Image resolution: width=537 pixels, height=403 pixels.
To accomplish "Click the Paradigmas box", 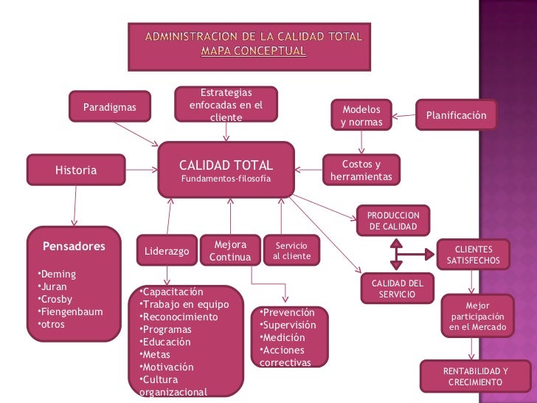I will click(110, 108).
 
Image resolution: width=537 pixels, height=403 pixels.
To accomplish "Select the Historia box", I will click(76, 170).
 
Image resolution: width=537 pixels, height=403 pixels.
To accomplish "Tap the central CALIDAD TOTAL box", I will click(226, 170).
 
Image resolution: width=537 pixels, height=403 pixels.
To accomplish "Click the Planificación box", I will click(457, 115).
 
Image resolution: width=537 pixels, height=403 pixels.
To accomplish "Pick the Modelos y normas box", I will click(361, 115).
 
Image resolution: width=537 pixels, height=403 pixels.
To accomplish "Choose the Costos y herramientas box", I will click(361, 170).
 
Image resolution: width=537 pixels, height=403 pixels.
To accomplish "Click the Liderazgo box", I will click(167, 251).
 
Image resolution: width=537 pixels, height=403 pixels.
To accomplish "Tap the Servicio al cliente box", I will click(291, 250).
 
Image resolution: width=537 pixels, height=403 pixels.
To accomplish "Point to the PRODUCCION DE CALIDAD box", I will click(393, 220).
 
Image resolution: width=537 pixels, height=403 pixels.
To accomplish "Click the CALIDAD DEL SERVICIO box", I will click(397, 289).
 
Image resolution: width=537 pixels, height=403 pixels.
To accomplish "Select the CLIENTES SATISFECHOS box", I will click(473, 255).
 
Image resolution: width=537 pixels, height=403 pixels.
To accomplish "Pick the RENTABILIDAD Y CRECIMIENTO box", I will click(475, 376).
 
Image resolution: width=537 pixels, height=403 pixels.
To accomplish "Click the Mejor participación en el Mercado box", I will click(477, 316).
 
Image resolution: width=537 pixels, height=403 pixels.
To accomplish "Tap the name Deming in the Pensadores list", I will click(58, 274).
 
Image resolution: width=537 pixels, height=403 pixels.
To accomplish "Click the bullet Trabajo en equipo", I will click(186, 305).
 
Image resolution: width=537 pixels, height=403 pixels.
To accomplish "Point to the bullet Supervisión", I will click(291, 325).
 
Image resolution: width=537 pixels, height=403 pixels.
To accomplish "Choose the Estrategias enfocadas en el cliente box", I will click(226, 105).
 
